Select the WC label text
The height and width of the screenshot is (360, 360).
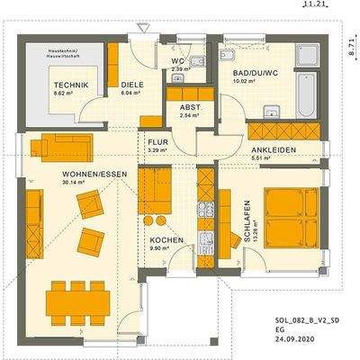177,61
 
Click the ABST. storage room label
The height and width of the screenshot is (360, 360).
190,106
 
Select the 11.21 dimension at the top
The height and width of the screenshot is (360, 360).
312,4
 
